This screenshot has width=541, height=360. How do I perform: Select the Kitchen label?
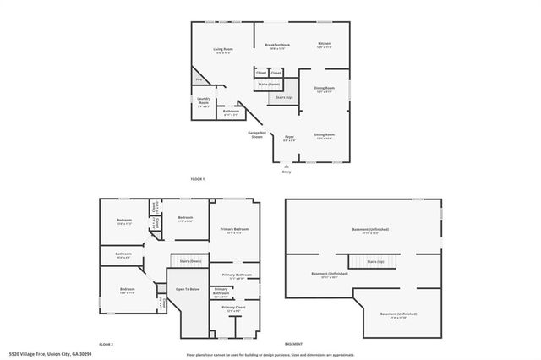tap(324, 45)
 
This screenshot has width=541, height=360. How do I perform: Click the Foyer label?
tap(289, 137)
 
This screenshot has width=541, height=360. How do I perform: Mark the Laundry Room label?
tap(204, 104)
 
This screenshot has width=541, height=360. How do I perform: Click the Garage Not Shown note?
tap(258, 134)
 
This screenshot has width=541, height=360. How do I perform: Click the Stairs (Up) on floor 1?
tap(282, 98)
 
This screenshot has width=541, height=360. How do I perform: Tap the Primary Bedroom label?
tap(234, 230)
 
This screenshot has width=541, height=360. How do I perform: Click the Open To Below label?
tap(188, 289)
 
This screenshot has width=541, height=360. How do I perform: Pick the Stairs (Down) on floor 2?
tap(189, 261)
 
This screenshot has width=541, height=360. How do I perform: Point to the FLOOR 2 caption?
tap(106, 345)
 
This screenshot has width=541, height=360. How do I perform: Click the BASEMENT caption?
tap(293, 345)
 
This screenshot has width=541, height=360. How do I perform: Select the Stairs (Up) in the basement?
tap(375, 262)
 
